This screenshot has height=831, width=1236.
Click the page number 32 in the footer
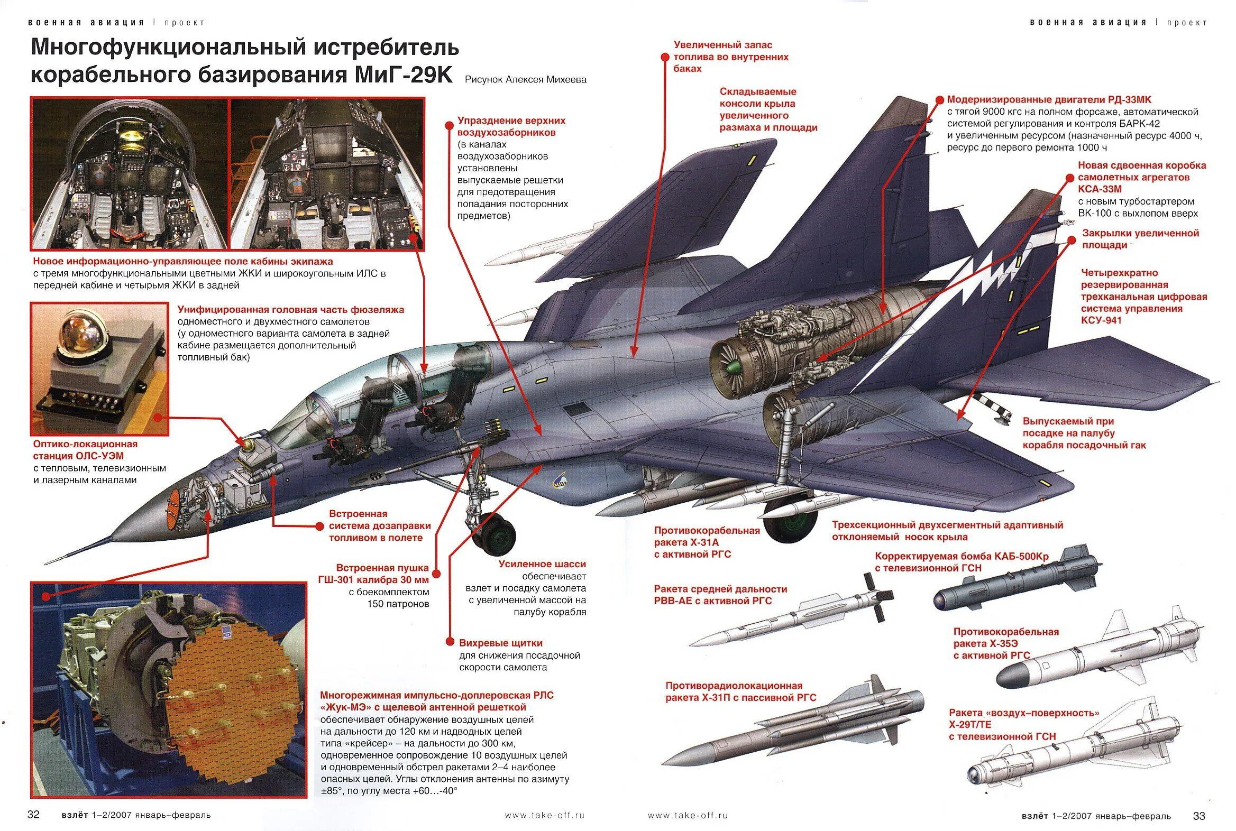coord(33,815)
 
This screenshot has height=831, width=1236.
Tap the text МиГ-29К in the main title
coord(403,75)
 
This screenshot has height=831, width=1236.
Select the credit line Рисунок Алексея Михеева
coord(526,79)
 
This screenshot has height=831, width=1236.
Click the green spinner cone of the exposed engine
coord(733,367)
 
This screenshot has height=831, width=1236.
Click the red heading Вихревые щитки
coord(501,643)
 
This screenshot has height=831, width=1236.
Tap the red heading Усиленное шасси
coord(542,564)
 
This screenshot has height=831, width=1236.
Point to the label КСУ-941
coord(1102,320)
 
